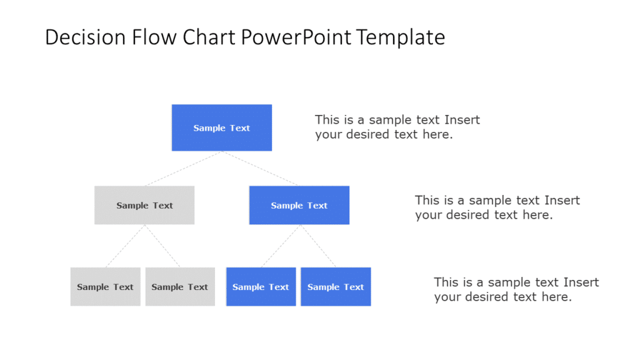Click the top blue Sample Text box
tap(222, 127)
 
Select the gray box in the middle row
tap(144, 205)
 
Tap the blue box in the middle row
tap(299, 205)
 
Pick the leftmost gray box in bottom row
tap(105, 287)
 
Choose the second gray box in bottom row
tap(180, 287)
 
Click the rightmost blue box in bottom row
tap(336, 287)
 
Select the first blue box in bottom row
tap(261, 287)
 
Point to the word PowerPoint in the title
tap(296, 37)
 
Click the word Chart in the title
tap(207, 37)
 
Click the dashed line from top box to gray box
tap(184, 168)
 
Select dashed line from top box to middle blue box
tap(261, 168)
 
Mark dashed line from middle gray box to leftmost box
tap(125, 246)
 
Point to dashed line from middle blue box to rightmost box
tap(317, 246)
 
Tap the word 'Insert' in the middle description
tap(562, 201)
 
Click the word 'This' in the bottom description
tap(447, 282)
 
